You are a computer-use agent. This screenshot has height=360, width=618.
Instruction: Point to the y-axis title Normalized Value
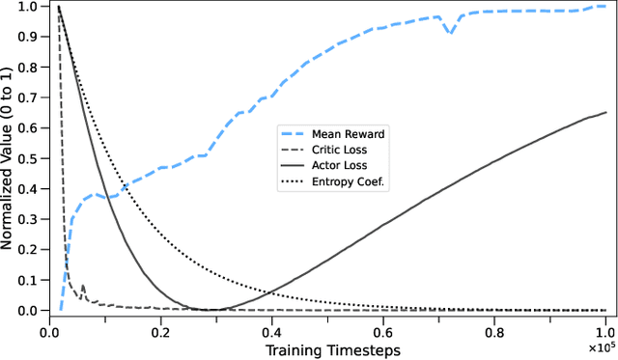(x=9, y=158)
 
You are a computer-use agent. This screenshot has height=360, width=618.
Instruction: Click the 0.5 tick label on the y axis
(x=29, y=158)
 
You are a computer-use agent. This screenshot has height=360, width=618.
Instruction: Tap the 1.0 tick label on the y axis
(x=29, y=7)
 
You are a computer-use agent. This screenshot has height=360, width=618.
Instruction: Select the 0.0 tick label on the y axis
(x=29, y=311)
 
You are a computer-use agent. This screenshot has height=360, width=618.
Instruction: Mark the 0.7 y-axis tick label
(x=29, y=97)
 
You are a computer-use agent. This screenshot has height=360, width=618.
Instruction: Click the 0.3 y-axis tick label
(x=29, y=219)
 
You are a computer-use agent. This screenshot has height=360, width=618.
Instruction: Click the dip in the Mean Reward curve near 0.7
(x=449, y=33)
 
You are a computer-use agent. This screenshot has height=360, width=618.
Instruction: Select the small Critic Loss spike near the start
(x=82, y=286)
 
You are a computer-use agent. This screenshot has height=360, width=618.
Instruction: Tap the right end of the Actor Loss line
(x=606, y=112)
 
